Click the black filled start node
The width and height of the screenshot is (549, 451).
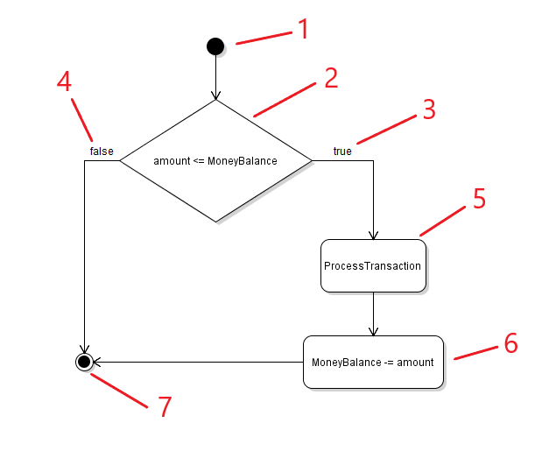[x=215, y=46]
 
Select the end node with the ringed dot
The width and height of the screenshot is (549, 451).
[x=84, y=361]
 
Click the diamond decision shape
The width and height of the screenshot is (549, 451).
[x=215, y=160]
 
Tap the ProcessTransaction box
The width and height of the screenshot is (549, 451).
[x=373, y=266]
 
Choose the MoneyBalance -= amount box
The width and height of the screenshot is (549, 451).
[x=373, y=362]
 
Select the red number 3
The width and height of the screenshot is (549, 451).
[x=427, y=109]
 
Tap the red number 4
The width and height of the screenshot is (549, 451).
[x=64, y=81]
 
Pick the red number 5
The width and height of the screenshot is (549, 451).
[x=478, y=199]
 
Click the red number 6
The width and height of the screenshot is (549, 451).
[x=510, y=342]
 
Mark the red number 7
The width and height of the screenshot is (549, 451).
[x=165, y=407]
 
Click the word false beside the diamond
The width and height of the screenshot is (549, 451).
[x=102, y=152]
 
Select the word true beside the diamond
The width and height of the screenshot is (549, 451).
[x=342, y=152]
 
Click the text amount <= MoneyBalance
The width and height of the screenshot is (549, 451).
[x=215, y=161]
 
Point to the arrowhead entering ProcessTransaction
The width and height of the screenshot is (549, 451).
[x=373, y=235]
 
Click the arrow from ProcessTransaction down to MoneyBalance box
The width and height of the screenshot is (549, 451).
[x=373, y=314]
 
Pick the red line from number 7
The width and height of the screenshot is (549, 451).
[x=119, y=390]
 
